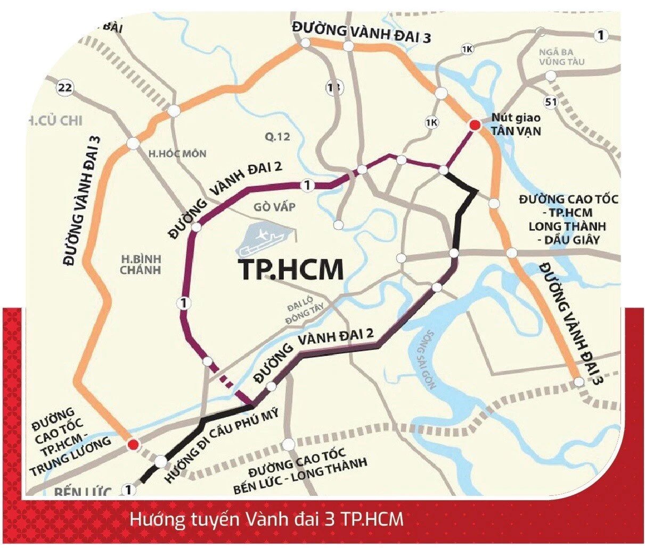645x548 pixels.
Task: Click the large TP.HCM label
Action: coord(291,270)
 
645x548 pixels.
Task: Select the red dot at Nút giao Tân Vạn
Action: coord(473,125)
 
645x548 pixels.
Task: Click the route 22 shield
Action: coord(65,88)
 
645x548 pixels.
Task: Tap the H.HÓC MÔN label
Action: coord(177,154)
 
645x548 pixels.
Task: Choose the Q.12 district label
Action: coord(277,137)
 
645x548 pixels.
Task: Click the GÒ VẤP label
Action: coord(275,207)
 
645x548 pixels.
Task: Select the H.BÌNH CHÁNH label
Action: coord(141,264)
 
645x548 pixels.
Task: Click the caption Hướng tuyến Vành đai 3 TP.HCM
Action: coord(266,519)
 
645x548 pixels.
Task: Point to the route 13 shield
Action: coord(334,87)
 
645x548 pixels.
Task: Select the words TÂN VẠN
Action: coord(516,130)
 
